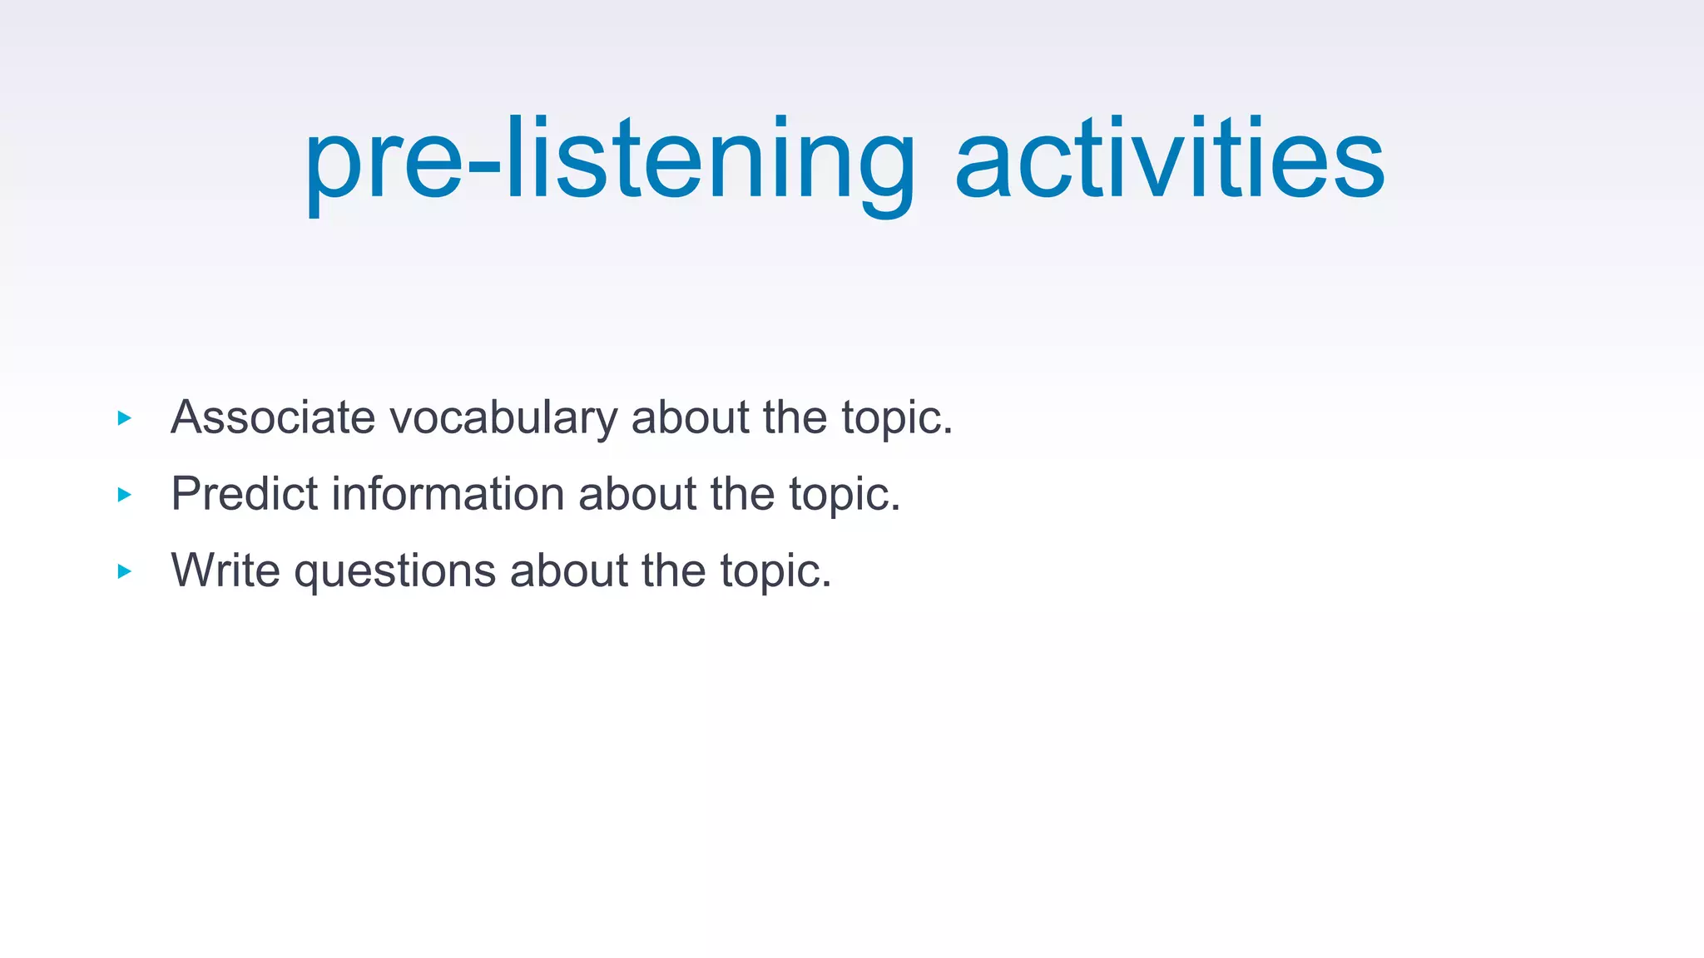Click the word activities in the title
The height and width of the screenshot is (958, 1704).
pyautogui.click(x=1169, y=160)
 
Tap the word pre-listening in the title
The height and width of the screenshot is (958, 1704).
pyautogui.click(x=609, y=160)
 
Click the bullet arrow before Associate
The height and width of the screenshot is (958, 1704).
pyautogui.click(x=125, y=418)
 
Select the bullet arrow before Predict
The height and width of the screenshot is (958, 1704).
pyautogui.click(x=125, y=495)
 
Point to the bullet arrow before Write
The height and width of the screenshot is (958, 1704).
pyautogui.click(x=125, y=571)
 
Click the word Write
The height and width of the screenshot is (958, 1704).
pyautogui.click(x=225, y=570)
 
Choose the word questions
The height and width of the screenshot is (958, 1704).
pyautogui.click(x=395, y=572)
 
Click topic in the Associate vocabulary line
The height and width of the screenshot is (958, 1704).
pyautogui.click(x=895, y=418)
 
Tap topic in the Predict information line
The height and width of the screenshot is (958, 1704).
pyautogui.click(x=843, y=495)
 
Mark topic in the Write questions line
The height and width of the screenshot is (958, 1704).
pyautogui.click(x=774, y=572)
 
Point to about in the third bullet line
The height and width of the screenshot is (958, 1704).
pyautogui.click(x=568, y=570)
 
